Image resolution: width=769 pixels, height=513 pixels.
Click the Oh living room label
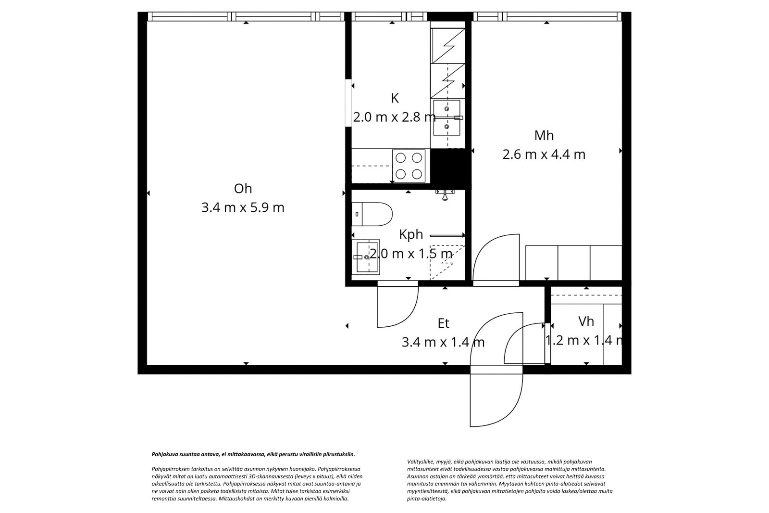click(243, 189)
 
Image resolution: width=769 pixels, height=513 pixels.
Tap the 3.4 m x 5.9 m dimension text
click(243, 208)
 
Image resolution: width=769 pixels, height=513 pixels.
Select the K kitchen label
click(395, 98)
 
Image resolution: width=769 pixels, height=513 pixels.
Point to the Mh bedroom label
click(544, 136)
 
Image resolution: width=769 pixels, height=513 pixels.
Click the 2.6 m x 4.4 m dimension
click(544, 154)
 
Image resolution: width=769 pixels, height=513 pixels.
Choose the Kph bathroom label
click(410, 234)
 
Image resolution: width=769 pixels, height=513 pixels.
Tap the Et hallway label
click(443, 323)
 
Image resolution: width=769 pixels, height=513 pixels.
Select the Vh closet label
click(586, 321)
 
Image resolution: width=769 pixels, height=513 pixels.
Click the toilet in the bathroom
click(372, 214)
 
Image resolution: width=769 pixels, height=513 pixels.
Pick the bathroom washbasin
click(366, 257)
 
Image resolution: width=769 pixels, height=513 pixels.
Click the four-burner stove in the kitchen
click(409, 166)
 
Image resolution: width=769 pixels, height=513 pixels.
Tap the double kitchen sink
click(447, 117)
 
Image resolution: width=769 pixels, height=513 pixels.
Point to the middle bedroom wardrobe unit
click(574, 263)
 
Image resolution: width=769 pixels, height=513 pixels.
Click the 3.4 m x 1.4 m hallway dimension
click(443, 343)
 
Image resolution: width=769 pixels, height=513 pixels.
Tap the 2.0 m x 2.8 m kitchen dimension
click(395, 117)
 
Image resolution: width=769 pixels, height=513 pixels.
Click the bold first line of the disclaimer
click(253, 454)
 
